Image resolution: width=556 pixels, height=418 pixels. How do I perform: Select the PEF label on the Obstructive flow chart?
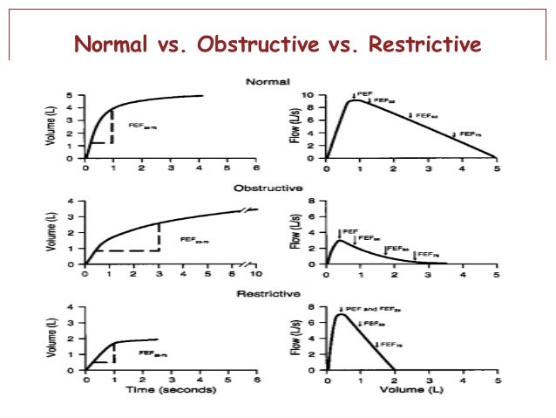[350, 231]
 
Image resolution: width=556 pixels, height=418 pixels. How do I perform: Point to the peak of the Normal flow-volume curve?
[352, 100]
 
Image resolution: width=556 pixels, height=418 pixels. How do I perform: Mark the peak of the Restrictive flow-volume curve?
[340, 314]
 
